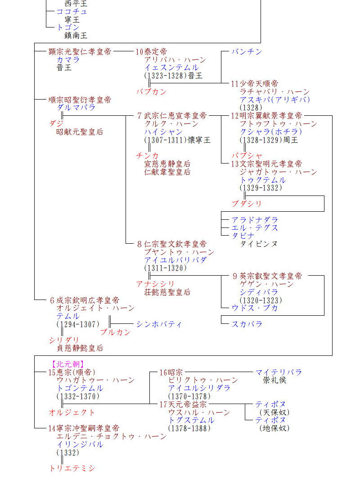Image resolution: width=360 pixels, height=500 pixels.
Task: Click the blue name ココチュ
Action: tap(72, 11)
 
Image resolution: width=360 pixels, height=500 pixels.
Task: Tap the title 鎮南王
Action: tap(76, 36)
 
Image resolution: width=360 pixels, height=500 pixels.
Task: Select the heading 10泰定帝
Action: tap(151, 52)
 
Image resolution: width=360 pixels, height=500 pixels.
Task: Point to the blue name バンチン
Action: tap(247, 52)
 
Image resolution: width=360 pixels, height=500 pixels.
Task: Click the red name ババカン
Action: tap(151, 92)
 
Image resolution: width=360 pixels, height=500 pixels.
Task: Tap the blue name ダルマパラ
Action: tap(76, 108)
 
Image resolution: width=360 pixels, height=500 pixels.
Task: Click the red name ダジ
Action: tap(56, 124)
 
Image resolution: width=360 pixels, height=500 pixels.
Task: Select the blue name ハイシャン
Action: tap(163, 132)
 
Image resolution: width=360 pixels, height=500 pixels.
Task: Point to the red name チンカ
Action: tap(148, 156)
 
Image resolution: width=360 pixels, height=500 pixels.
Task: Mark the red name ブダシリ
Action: tap(247, 204)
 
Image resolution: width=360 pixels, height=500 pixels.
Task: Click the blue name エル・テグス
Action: tap(255, 228)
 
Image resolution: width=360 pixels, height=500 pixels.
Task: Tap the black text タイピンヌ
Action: tap(259, 244)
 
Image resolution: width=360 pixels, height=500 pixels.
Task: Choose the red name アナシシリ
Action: tap(155, 284)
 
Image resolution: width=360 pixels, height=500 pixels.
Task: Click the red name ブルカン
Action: tap(115, 332)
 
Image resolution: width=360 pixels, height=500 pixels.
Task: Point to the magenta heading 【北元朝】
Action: tap(68, 364)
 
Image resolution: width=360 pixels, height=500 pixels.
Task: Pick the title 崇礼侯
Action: tap(274, 380)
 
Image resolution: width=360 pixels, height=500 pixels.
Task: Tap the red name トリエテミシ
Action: tap(72, 468)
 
